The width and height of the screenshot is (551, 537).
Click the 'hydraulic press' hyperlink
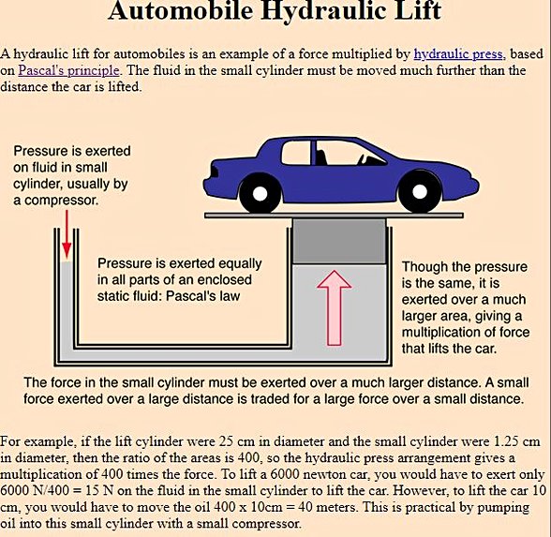click(x=458, y=54)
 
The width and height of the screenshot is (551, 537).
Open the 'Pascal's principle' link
click(x=69, y=70)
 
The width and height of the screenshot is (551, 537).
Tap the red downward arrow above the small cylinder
click(x=67, y=234)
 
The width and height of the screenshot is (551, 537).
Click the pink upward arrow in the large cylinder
click(x=335, y=307)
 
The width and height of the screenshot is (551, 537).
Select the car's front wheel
click(x=420, y=191)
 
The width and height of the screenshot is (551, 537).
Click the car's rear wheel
click(x=261, y=193)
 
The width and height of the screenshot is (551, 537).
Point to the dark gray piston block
click(x=339, y=241)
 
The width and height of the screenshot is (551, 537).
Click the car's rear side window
click(x=296, y=152)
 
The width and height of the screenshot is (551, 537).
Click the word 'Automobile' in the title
click(x=180, y=10)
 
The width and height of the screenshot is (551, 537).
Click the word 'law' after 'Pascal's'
click(x=230, y=296)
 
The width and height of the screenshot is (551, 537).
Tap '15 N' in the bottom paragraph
click(x=99, y=491)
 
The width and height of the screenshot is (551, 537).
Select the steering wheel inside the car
click(x=362, y=159)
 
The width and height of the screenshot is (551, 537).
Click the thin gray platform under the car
click(x=334, y=216)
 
